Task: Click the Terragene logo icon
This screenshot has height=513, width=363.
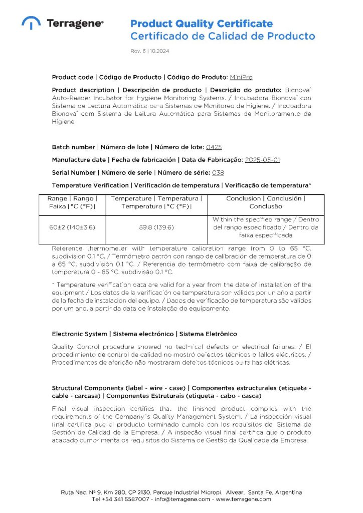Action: click(31, 23)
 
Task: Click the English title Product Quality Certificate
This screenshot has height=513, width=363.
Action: click(202, 24)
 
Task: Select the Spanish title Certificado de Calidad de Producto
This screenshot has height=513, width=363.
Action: click(223, 36)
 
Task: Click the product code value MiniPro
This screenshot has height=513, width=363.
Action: click(241, 77)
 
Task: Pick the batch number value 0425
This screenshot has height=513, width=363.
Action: click(214, 147)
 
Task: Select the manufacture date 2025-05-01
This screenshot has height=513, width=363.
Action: click(262, 160)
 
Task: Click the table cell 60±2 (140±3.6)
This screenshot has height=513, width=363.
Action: click(72, 227)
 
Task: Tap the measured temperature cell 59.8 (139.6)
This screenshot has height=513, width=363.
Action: click(156, 227)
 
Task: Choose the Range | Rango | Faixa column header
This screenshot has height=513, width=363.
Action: click(72, 202)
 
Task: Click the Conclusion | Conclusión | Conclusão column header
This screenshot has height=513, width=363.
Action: click(266, 202)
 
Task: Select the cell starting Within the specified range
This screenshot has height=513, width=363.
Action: click(266, 227)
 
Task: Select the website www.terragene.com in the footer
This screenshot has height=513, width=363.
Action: click(243, 499)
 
